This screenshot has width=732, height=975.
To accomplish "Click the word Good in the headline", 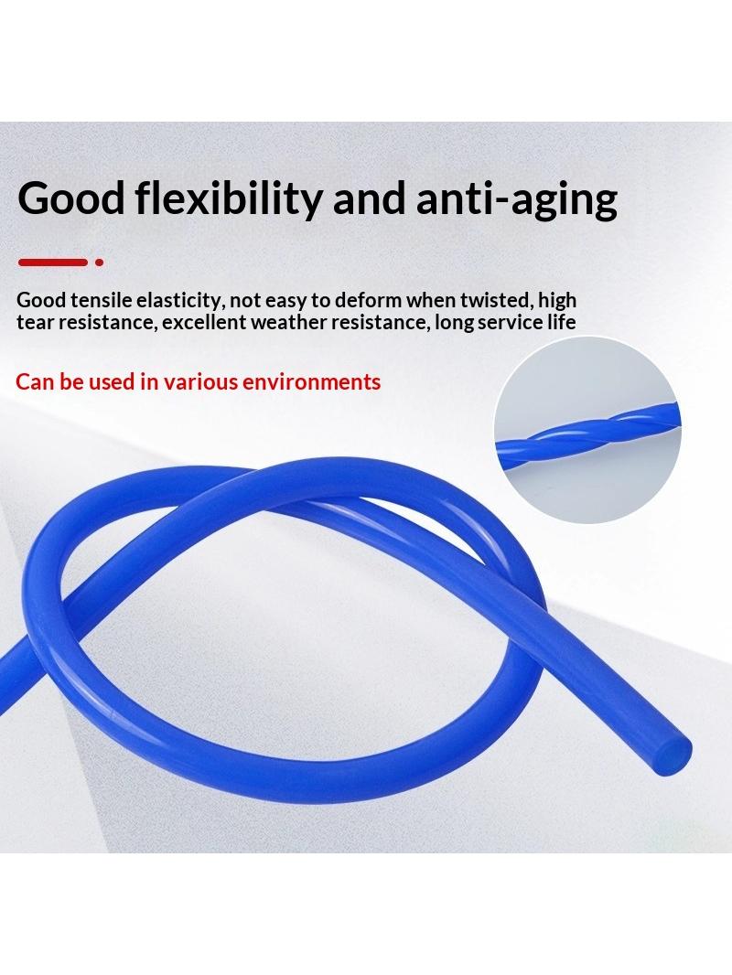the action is point(71,198).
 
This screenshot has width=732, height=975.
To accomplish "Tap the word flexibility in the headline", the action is point(229,198).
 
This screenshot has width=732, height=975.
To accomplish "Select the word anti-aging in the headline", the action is point(516,198).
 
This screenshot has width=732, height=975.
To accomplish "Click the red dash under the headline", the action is point(53,262).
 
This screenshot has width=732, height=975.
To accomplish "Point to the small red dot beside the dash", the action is point(99,262).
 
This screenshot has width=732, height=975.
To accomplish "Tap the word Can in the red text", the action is point(35,381).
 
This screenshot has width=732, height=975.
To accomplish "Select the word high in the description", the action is point(556,300).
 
